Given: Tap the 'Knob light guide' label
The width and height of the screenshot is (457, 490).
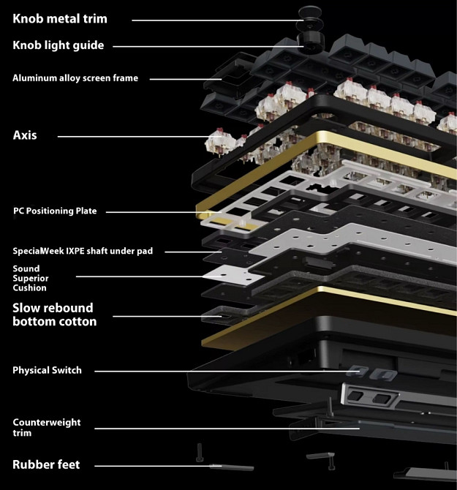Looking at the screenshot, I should click(x=58, y=45).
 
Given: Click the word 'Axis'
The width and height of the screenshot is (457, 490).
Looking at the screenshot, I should click(x=25, y=135).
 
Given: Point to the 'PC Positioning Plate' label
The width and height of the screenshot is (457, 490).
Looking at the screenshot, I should click(x=55, y=211).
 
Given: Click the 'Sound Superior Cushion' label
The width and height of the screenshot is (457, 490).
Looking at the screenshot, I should click(x=30, y=278).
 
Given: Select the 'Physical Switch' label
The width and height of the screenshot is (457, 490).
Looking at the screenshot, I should click(x=47, y=371).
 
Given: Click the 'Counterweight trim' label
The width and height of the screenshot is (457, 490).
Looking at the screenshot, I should click(x=47, y=428).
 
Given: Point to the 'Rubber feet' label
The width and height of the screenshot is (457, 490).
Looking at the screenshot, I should click(x=46, y=464).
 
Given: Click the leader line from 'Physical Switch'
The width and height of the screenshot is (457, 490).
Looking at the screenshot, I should click(x=219, y=372).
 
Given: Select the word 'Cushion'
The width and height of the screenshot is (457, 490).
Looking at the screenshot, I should click(x=30, y=288).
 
